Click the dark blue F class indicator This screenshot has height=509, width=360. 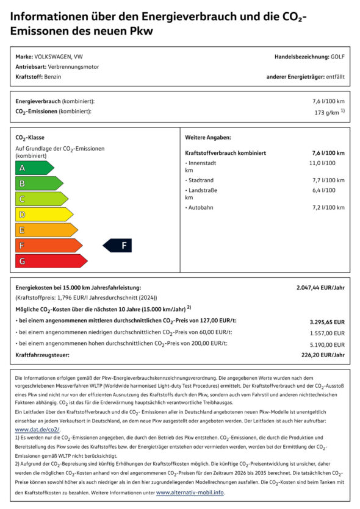click(118, 246)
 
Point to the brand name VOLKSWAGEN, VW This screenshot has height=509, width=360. click(59, 57)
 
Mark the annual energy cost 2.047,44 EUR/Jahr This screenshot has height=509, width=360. click(320, 287)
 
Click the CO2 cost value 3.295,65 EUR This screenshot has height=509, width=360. click(327, 322)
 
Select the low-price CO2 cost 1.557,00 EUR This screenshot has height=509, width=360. click(327, 333)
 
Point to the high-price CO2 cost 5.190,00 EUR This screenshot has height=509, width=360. click(327, 344)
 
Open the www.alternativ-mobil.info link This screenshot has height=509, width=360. click(190, 492)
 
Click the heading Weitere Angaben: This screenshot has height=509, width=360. click(208, 138)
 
